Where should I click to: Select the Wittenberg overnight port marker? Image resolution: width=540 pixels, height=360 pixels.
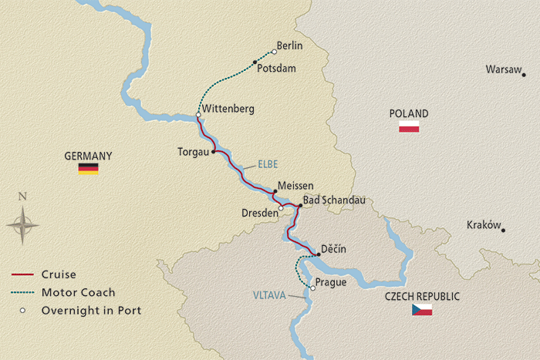click(x=198, y=115)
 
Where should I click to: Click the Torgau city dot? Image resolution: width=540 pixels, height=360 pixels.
click(x=213, y=152)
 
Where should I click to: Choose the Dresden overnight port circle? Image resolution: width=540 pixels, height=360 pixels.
click(x=282, y=207)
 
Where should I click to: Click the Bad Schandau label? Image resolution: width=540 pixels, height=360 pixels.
click(x=333, y=200)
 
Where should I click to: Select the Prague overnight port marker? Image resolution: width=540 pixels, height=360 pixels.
click(x=312, y=288)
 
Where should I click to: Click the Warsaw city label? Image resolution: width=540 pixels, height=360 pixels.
click(x=504, y=69)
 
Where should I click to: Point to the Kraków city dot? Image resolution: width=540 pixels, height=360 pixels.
click(x=503, y=230)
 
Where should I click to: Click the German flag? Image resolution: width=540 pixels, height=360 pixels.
click(x=88, y=169)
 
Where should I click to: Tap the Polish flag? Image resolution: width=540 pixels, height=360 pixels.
click(x=408, y=126)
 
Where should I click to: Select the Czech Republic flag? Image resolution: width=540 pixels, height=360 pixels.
click(x=421, y=310)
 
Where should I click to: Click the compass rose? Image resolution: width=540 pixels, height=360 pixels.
click(x=23, y=225)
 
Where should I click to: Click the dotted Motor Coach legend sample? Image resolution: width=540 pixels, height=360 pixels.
click(x=23, y=292)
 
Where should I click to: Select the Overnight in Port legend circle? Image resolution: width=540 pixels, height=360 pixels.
click(x=23, y=311)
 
